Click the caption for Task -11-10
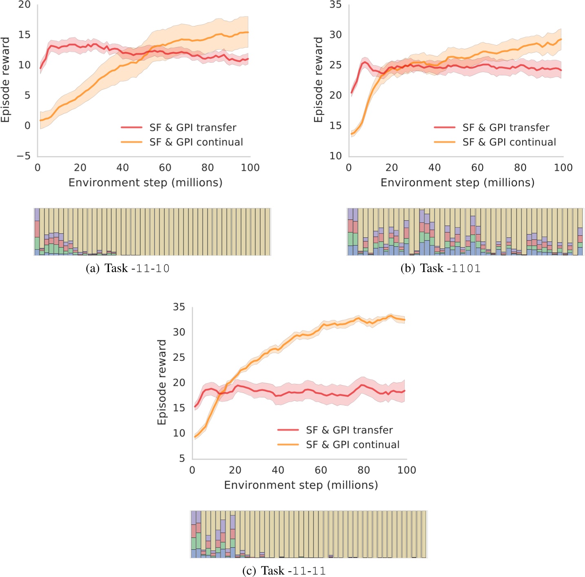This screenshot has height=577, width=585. coord(128,268)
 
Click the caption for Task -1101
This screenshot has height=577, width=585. coord(441,268)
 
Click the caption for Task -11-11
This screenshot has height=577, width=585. coord(284,570)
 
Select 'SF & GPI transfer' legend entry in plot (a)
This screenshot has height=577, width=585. coord(193,128)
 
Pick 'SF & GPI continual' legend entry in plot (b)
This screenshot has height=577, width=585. coord(509,142)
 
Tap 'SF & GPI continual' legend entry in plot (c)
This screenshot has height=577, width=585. coord(352,445)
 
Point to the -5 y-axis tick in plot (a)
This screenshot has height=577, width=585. coord(24,156)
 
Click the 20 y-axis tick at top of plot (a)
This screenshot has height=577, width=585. coord(24,5)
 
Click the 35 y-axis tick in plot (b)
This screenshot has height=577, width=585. coord(335,5)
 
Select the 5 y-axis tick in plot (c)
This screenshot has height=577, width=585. coord(182,458)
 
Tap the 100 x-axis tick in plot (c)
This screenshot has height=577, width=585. coord(406,470)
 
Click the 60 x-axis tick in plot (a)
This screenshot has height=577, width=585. coord(165,168)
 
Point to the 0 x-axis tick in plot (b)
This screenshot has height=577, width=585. coord(349,168)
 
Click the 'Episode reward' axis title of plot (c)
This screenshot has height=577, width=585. coord(162,382)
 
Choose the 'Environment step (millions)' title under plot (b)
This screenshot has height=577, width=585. coord(457,182)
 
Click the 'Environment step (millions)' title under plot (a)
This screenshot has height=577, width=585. coord(145,182)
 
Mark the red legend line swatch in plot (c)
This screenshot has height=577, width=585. coord(288,430)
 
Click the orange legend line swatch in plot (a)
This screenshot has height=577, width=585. coord(131,142)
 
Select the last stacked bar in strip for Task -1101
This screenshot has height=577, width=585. coord(580,232)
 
